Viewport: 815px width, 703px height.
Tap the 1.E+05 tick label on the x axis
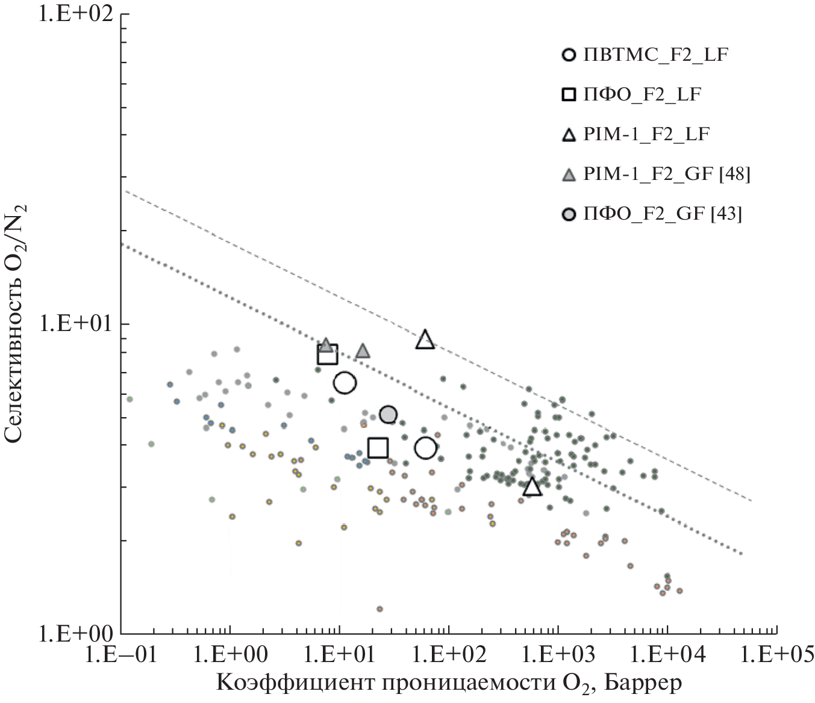[x=776, y=653]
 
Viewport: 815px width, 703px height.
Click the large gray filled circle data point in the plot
[x=389, y=415]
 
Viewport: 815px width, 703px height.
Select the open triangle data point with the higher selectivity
[x=425, y=339]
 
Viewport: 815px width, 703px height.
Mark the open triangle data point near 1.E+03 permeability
[x=532, y=487]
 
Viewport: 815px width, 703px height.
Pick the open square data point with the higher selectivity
[x=328, y=355]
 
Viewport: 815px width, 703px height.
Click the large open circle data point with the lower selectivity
[x=425, y=448]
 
